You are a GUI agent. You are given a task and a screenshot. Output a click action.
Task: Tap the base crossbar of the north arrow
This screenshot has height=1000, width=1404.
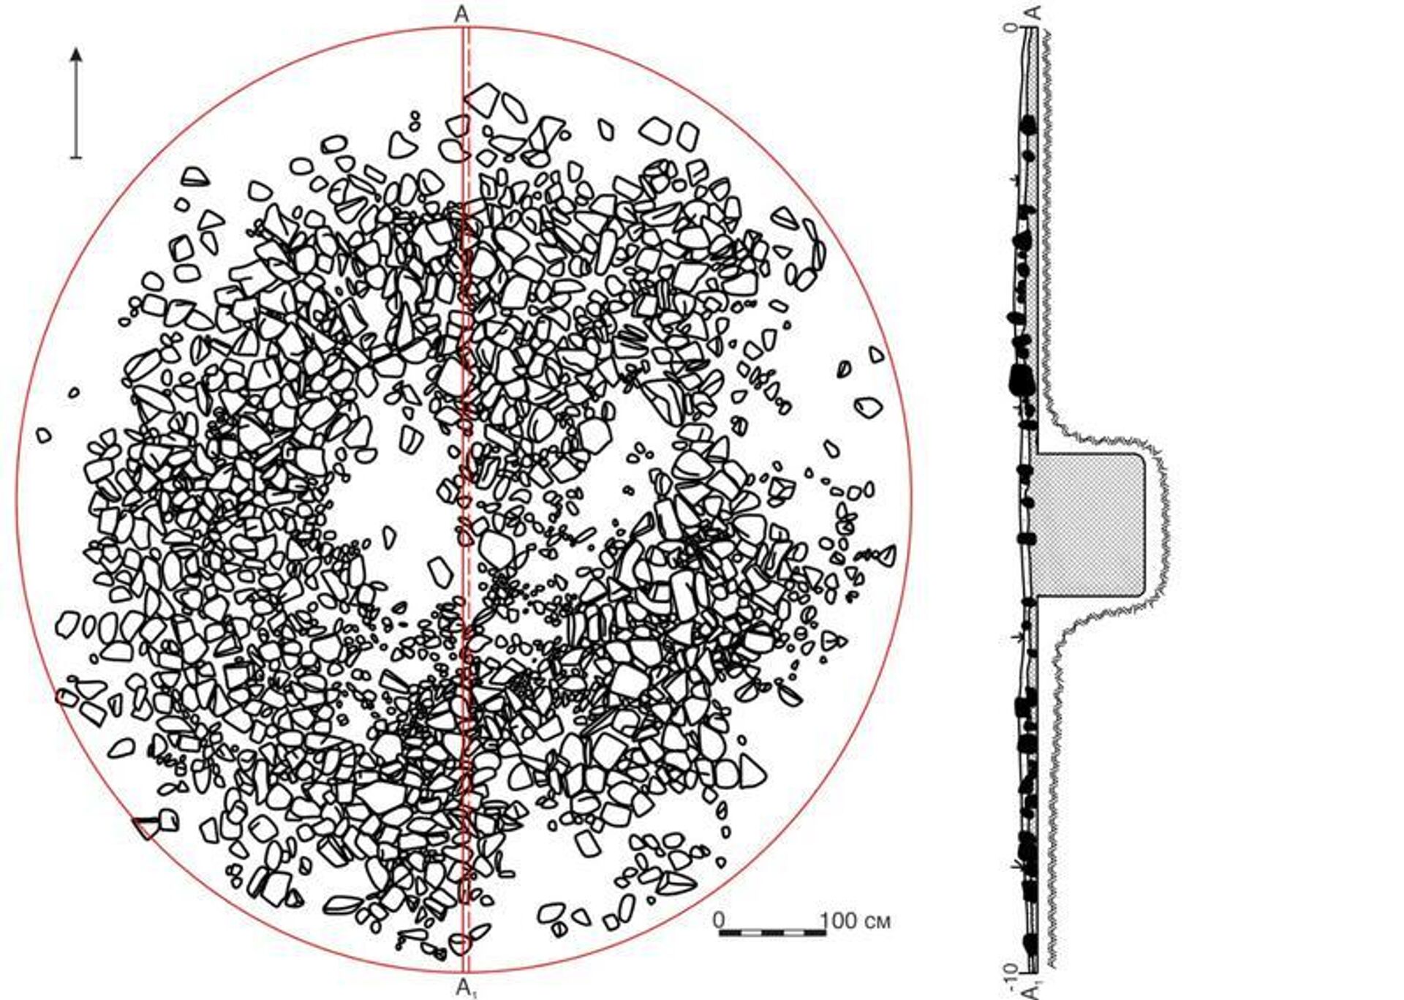click(x=76, y=157)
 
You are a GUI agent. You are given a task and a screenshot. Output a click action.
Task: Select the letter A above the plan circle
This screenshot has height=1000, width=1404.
click(x=461, y=14)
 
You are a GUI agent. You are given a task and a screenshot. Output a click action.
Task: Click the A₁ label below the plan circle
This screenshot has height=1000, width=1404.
click(x=466, y=988)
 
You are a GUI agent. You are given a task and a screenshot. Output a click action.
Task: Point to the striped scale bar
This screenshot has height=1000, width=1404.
click(x=773, y=933)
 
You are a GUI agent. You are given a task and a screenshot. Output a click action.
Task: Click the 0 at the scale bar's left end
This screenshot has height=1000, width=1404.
click(x=720, y=920)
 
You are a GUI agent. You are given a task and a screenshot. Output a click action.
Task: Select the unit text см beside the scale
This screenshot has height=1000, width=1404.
click(x=877, y=922)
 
